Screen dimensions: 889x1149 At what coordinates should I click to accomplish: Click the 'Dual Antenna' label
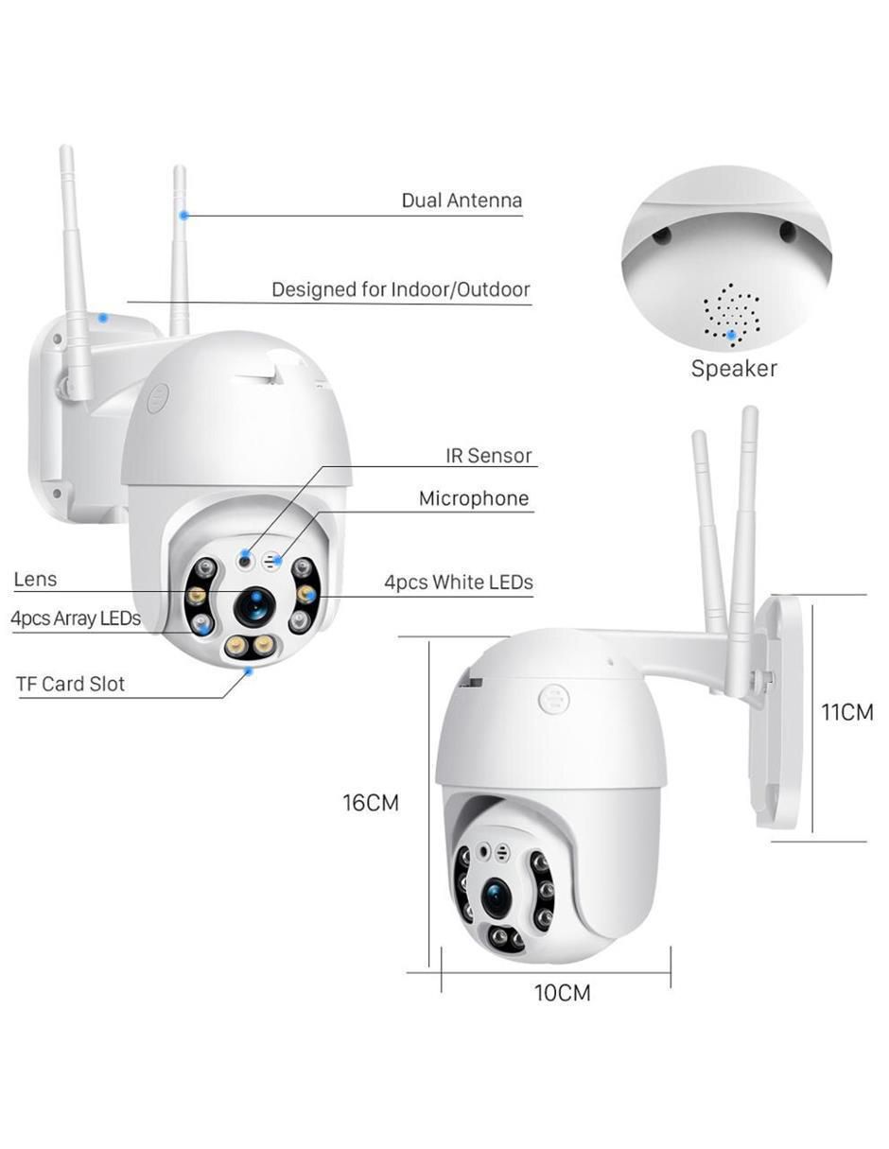coord(462,200)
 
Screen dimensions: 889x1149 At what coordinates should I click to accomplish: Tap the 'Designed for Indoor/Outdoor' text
coord(400,289)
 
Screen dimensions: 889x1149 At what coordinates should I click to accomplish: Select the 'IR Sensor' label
coord(488,455)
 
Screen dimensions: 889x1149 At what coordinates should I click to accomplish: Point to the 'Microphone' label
coord(474,498)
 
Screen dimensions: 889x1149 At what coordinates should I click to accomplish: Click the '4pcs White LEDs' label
coord(459,583)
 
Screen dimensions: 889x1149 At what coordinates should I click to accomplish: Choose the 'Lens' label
coord(35,579)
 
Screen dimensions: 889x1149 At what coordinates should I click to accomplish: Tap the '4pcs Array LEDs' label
coord(76,618)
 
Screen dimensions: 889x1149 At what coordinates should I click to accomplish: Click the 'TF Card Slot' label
coord(70,684)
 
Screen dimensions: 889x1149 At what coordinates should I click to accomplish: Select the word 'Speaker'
coord(734,369)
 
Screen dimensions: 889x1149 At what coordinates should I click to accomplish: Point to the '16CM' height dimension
coord(371,803)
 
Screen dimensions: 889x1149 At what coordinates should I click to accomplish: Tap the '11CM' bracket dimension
coord(846,712)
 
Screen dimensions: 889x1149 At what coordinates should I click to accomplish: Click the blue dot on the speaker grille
coord(731,334)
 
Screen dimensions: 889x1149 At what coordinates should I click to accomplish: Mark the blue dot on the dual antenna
coord(183,216)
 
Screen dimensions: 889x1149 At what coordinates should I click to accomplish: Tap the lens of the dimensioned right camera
coord(497,897)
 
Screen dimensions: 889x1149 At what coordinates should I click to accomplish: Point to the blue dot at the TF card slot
coord(248,671)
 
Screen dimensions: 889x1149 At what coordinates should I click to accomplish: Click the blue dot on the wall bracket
coord(104,318)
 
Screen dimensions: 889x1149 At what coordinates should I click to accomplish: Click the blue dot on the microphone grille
coord(278,560)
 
